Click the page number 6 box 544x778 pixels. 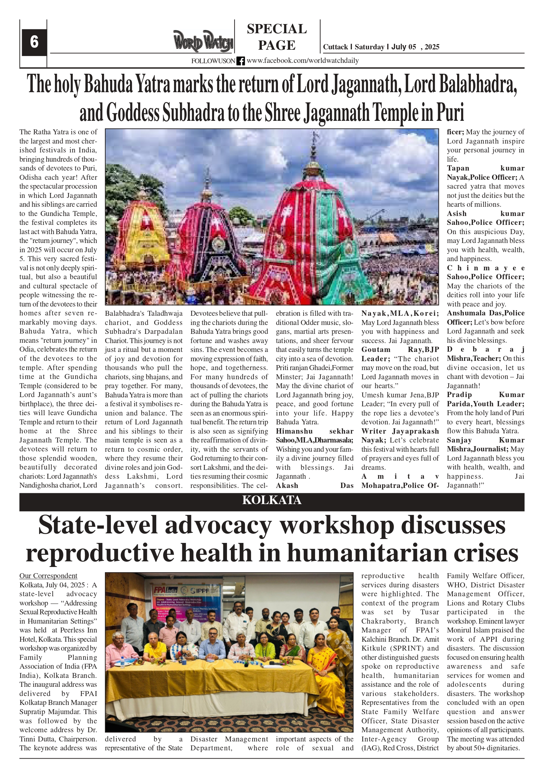(34, 42)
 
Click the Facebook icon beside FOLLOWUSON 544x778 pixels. (240, 61)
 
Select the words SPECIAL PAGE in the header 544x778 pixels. (277, 37)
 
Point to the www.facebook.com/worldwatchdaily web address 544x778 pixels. (303, 61)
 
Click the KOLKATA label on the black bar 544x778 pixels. (271, 500)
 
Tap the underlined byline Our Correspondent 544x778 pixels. (48, 576)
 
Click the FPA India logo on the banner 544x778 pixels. (165, 589)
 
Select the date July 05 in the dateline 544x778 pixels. (404, 47)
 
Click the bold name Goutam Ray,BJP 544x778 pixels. (400, 350)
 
